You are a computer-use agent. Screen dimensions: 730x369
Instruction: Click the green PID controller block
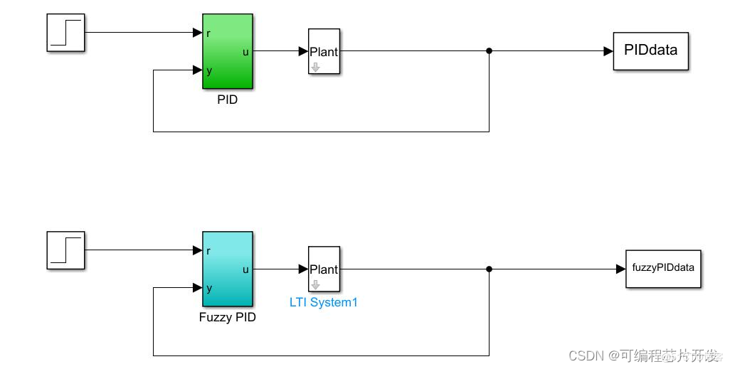pos(228,51)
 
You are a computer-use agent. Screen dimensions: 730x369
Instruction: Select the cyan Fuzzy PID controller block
pos(228,269)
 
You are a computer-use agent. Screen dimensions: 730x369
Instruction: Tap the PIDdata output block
pos(650,51)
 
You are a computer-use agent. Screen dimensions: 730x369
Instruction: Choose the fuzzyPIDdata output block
pos(663,269)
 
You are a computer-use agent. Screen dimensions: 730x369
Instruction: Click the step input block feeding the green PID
pos(65,33)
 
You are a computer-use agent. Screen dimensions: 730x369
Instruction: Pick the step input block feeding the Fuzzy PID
pos(65,250)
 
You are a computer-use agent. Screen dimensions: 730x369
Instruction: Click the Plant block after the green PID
pos(324,51)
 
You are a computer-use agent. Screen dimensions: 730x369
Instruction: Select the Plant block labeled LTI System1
pos(324,269)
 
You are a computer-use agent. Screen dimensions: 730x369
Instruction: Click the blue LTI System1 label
pos(324,302)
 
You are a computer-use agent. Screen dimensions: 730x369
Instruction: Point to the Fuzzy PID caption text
pos(228,317)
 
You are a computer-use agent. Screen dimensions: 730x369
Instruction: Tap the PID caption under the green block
pos(228,100)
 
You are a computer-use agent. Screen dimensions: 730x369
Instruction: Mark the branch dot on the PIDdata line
pos(489,50)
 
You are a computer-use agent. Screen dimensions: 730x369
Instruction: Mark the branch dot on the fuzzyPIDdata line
pos(489,269)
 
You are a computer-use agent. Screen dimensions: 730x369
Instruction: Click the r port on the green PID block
pos(208,33)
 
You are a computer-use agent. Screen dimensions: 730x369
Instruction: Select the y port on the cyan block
pos(209,289)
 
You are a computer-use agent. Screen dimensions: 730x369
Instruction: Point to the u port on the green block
pos(245,52)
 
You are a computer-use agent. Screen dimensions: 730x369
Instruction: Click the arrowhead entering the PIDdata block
pos(608,51)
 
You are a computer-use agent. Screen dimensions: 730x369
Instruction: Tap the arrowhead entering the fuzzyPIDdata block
pos(621,269)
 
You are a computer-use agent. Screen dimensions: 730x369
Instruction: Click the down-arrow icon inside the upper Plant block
pos(316,68)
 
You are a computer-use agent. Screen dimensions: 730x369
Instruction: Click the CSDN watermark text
pos(586,356)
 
